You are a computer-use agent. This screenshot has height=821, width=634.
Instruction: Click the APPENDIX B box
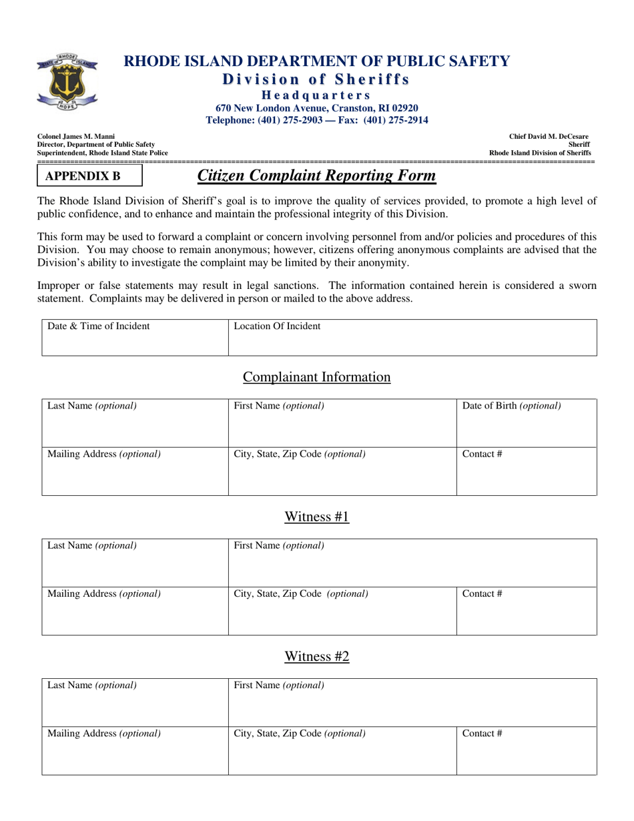[x=89, y=176]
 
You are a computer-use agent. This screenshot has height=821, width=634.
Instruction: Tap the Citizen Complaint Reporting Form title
[x=316, y=176]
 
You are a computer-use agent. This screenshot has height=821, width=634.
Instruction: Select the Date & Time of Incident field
[x=135, y=338]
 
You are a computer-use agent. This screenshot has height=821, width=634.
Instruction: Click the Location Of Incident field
[x=412, y=338]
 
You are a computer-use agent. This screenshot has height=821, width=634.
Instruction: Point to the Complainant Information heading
[x=316, y=377]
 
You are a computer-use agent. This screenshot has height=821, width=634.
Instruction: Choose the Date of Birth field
[x=526, y=424]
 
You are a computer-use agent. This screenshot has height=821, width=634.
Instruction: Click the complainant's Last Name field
[x=135, y=424]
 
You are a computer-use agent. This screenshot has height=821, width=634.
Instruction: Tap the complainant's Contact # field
[x=526, y=472]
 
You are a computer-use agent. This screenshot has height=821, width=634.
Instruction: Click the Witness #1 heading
[x=316, y=517]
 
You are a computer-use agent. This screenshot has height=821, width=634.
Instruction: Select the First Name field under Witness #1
[x=412, y=563]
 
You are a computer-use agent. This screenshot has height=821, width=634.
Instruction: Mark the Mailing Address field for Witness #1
[x=135, y=611]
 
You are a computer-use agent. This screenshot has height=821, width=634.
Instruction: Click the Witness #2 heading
[x=316, y=657]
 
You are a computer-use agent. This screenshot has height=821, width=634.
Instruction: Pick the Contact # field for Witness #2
[x=526, y=751]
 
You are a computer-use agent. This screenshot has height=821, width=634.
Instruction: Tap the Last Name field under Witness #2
[x=135, y=703]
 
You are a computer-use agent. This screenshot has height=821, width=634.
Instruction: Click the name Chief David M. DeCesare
[x=549, y=136]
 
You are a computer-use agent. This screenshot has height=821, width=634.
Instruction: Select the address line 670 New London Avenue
[x=316, y=108]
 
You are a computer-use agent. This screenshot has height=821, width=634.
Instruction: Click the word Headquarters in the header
[x=316, y=95]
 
